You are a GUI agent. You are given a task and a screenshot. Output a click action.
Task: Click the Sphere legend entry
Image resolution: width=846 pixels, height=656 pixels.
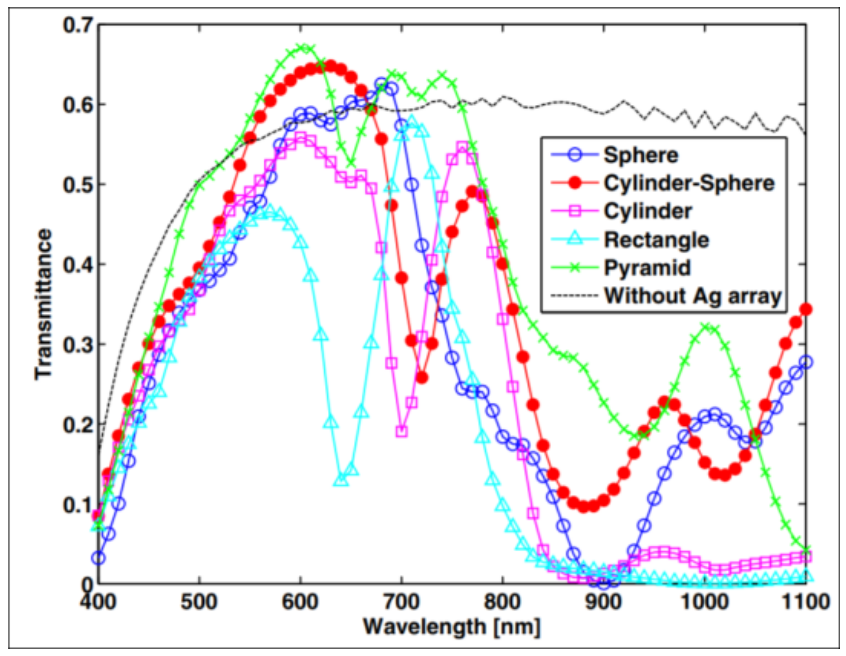pyautogui.click(x=641, y=155)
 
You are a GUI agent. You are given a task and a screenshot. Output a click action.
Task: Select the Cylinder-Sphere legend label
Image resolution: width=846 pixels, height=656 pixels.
pyautogui.click(x=689, y=183)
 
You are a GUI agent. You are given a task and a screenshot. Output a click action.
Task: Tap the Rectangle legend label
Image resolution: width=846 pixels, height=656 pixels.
pyautogui.click(x=656, y=240)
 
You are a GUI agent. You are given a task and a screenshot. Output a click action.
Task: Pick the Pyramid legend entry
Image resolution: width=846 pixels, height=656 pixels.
pyautogui.click(x=647, y=268)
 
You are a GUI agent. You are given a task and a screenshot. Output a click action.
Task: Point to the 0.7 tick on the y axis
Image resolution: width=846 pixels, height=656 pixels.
pyautogui.click(x=78, y=25)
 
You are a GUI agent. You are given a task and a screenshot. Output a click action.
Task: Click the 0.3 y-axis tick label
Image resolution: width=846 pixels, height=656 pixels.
pyautogui.click(x=78, y=345)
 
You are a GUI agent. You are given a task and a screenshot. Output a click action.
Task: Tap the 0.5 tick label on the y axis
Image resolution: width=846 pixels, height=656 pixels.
pyautogui.click(x=78, y=185)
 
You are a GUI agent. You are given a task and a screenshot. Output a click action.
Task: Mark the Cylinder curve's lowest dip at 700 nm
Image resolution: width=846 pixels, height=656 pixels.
pyautogui.click(x=401, y=431)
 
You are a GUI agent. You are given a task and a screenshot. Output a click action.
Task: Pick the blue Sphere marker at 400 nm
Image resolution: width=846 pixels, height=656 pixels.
pyautogui.click(x=98, y=558)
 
